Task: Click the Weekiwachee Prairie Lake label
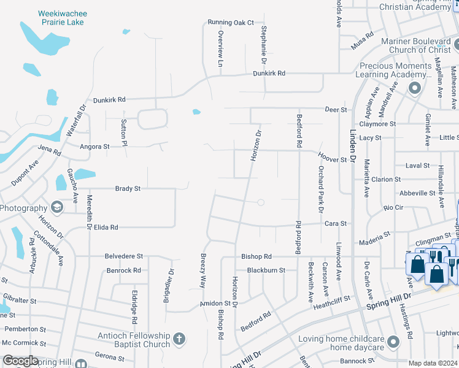pos(62,17)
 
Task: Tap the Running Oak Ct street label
pos(230,23)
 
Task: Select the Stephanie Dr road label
pos(263,45)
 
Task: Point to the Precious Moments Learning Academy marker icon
pos(414,88)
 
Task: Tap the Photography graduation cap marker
pos(57,207)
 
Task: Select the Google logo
pos(21,361)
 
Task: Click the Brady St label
pos(128,189)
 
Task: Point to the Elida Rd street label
pos(105,227)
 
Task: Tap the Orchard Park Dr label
pos(320,189)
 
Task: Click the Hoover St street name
pos(332,159)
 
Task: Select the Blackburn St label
pos(266,270)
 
